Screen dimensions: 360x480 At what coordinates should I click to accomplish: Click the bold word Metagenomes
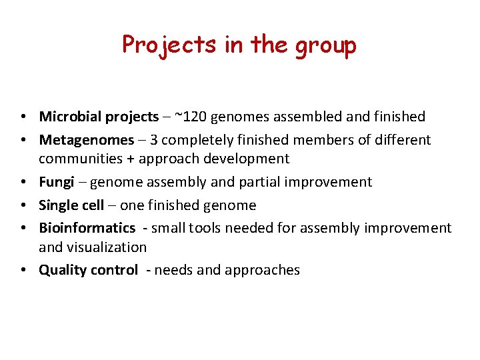86,140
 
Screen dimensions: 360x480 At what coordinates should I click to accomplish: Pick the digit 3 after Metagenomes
153,140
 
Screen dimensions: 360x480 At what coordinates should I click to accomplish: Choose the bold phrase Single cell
71,205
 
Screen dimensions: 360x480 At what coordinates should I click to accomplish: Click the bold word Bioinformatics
87,228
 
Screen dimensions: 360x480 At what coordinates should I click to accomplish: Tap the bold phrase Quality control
88,270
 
